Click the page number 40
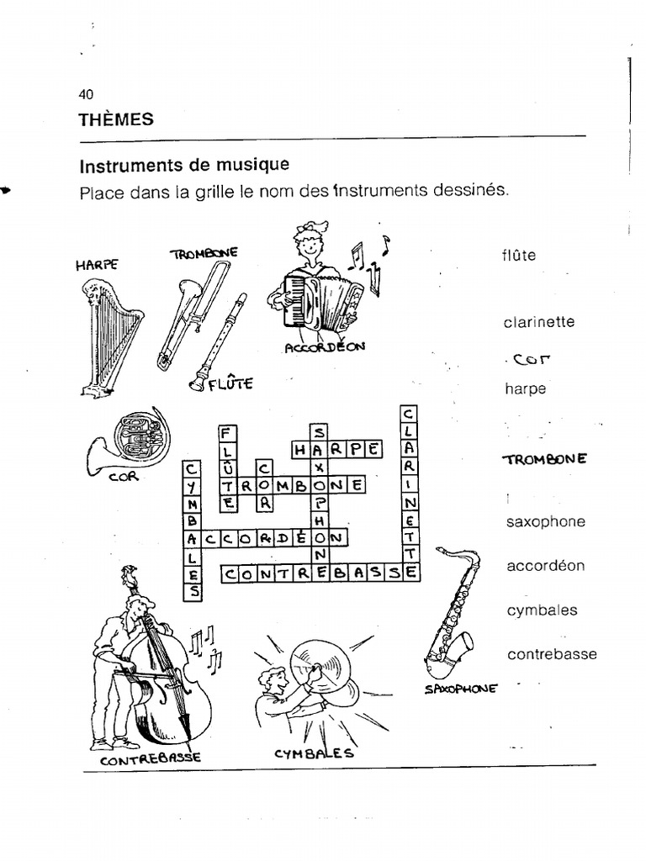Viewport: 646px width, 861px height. point(87,94)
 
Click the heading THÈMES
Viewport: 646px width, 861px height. point(116,119)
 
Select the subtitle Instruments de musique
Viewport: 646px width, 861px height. point(184,164)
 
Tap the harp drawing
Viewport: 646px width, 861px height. point(109,336)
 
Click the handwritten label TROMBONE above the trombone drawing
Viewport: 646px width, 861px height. point(204,253)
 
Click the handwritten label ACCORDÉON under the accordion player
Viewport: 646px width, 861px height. point(324,346)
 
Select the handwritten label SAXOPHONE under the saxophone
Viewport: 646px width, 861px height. point(461,689)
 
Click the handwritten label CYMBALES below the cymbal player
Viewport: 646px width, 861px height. point(314,753)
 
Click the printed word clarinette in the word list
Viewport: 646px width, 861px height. point(538,322)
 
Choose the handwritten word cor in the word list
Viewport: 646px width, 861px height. point(532,360)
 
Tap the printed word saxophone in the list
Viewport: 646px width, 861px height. point(545,522)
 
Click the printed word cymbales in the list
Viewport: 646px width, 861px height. point(542,610)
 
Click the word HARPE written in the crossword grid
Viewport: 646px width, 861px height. point(336,449)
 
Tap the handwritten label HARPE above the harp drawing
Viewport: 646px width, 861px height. point(97,264)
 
